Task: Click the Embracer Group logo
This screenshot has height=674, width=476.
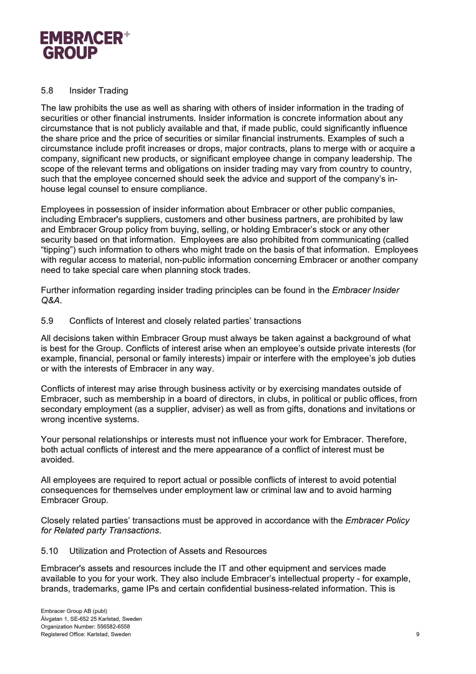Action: [82, 45]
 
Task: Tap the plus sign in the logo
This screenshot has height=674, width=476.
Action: [127, 35]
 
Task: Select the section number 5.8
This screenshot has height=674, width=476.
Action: [47, 91]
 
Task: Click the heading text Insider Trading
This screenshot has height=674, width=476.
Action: [99, 91]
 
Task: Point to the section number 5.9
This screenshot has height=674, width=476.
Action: [47, 321]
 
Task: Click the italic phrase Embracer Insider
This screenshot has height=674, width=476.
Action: [365, 290]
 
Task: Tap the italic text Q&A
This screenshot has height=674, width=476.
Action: [50, 300]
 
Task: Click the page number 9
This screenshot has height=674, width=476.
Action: [418, 634]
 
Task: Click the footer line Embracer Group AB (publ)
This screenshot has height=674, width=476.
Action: [74, 611]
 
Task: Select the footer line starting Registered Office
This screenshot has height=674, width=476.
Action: [86, 634]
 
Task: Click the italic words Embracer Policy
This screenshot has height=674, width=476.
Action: [377, 521]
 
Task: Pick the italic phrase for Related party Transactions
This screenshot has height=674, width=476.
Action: [100, 531]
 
